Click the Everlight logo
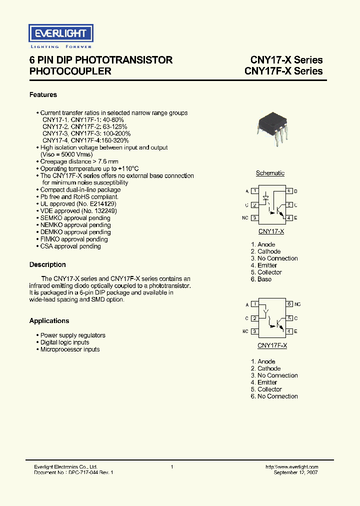pos(60,34)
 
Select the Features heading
pos(43,94)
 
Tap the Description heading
pos(47,264)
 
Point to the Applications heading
pos(49,320)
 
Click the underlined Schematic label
pos(270,173)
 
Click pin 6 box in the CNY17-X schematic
pos(289,191)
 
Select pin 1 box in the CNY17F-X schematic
pos(255,304)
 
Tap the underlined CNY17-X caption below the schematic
pos(271,231)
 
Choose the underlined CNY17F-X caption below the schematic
pos(272,345)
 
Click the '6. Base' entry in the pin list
pos(261,279)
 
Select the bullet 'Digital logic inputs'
pos(64,342)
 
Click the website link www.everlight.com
pos(292,466)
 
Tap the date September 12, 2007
pos(295,472)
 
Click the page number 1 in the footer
pos(172,466)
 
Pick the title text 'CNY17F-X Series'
pos(283,71)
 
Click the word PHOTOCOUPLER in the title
pos(70,71)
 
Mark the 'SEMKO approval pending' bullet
pos(75,218)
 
